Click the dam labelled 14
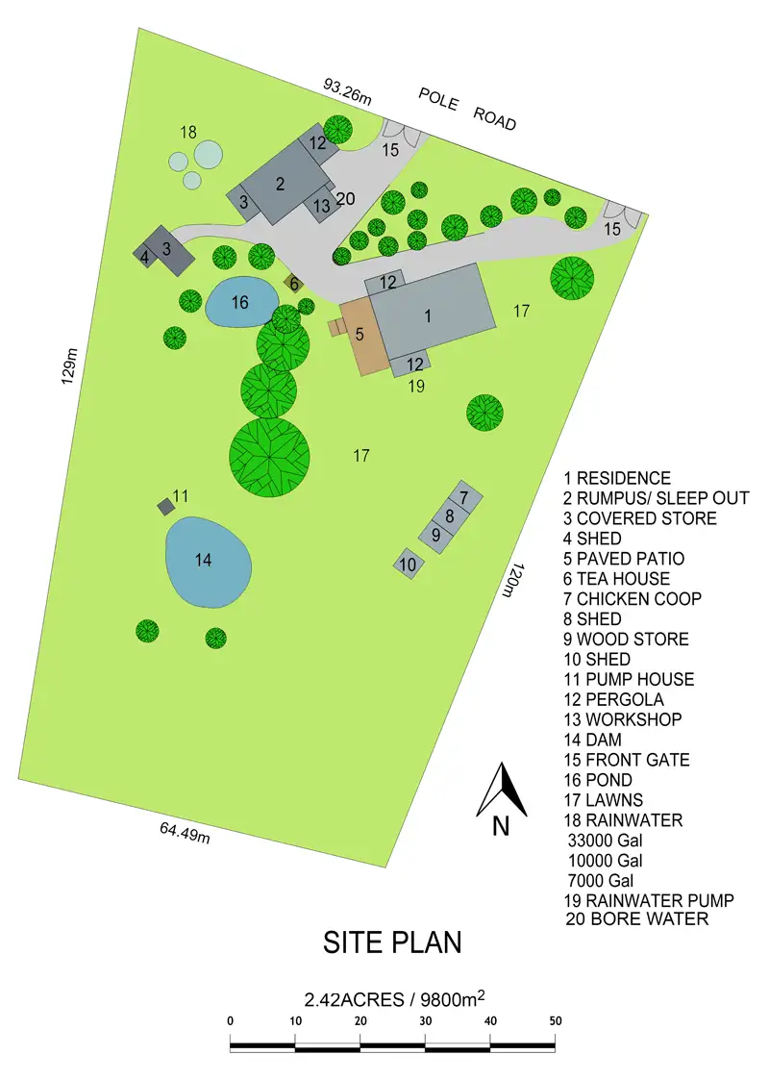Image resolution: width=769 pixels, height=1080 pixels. tap(209, 562)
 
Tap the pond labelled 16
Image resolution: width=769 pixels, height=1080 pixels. tap(238, 303)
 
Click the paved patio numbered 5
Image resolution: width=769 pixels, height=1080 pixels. tap(360, 336)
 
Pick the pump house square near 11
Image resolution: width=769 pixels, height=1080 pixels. tap(165, 505)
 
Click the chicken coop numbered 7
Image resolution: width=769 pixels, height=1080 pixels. tap(463, 498)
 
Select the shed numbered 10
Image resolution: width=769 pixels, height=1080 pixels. tap(408, 564)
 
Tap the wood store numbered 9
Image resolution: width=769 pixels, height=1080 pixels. tap(435, 534)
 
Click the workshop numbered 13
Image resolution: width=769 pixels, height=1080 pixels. tap(321, 205)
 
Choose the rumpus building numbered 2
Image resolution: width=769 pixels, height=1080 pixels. tap(279, 184)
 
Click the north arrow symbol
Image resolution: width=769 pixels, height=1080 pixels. tap(501, 793)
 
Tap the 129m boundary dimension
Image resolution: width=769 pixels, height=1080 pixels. tap(68, 365)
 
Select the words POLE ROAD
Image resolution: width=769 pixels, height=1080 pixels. tap(467, 109)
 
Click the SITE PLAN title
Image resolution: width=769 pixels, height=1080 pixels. tap(392, 942)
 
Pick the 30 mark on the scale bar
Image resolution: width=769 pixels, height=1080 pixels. tap(425, 1021)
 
